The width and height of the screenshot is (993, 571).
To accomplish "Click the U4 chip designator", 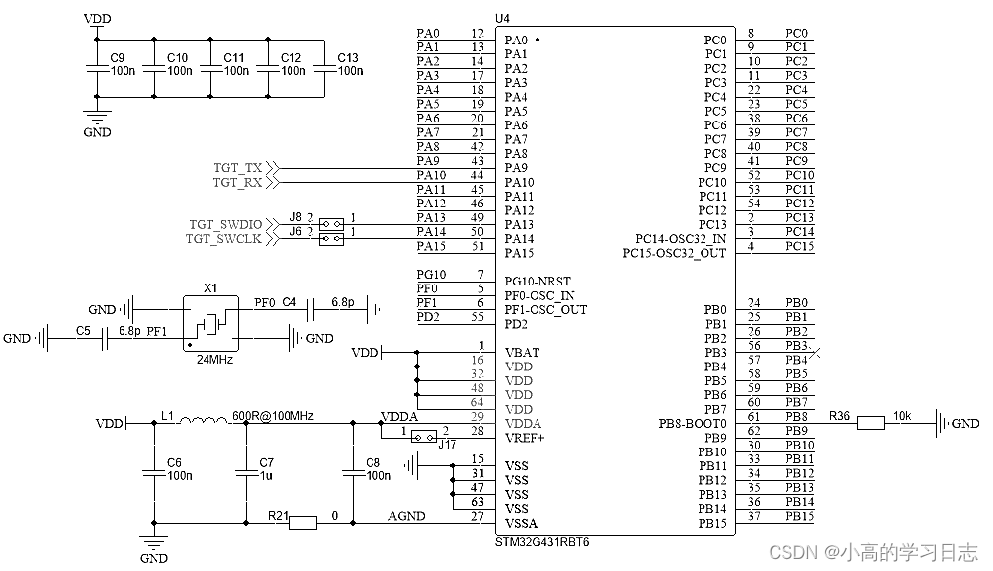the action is click(x=502, y=19).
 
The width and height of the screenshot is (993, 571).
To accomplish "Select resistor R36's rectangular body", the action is click(x=870, y=423).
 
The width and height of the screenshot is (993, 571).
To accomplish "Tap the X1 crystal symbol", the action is click(x=210, y=323).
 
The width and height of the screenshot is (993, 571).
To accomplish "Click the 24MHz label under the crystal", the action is click(x=214, y=360).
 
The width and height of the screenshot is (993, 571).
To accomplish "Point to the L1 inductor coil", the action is click(x=204, y=419).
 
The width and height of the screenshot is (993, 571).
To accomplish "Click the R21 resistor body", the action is click(x=302, y=523).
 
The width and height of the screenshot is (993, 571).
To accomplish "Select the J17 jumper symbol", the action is click(x=424, y=437).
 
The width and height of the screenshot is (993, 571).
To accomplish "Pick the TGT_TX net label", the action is click(x=237, y=168).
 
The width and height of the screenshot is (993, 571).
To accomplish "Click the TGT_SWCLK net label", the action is click(x=223, y=239).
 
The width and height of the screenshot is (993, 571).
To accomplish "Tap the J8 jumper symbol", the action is click(x=332, y=224).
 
